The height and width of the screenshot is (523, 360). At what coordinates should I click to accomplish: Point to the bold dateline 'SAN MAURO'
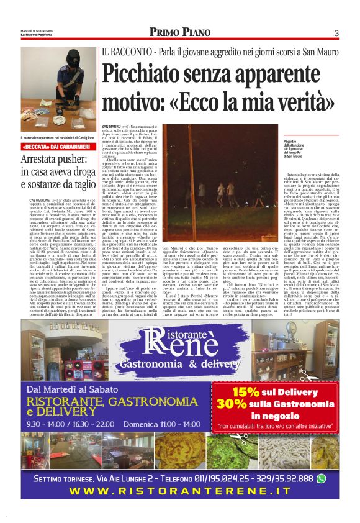111,126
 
